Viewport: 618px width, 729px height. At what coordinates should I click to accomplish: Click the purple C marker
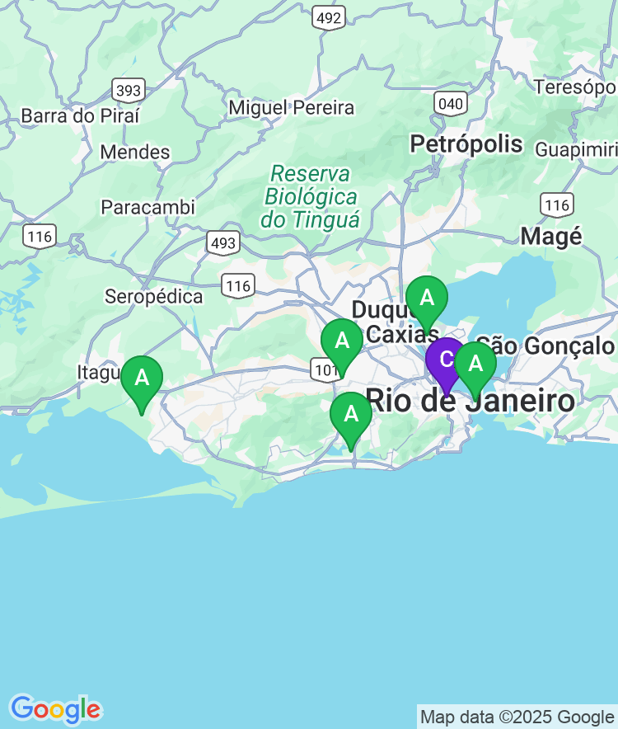(x=446, y=360)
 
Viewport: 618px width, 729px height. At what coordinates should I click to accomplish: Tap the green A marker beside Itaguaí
(x=142, y=379)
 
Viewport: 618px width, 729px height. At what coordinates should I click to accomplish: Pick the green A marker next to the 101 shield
(x=341, y=341)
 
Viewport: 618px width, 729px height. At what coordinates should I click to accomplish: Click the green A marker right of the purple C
(x=475, y=364)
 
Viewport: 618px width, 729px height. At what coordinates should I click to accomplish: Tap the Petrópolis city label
(x=466, y=144)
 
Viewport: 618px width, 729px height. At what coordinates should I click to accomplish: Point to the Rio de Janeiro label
(x=470, y=402)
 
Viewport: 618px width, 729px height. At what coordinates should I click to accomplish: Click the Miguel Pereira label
(x=292, y=108)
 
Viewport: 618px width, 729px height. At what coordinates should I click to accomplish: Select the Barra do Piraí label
(x=81, y=115)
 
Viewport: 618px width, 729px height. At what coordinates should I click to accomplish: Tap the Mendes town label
(x=135, y=153)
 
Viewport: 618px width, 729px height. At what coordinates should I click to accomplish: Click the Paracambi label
(x=148, y=207)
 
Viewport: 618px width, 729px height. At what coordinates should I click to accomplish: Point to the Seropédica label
(x=154, y=297)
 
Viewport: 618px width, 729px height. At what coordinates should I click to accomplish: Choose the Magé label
(x=551, y=237)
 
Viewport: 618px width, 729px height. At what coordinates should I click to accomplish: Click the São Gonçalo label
(x=545, y=346)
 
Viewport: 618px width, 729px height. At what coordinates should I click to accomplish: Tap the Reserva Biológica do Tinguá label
(x=311, y=197)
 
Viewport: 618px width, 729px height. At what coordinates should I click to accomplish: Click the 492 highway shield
(x=330, y=17)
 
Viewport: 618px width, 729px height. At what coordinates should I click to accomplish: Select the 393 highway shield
(x=129, y=89)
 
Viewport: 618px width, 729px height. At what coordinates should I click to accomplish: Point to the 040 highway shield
(x=451, y=103)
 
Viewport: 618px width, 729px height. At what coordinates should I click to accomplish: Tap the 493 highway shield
(x=222, y=242)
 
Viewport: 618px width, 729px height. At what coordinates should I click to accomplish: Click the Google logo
(x=55, y=709)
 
